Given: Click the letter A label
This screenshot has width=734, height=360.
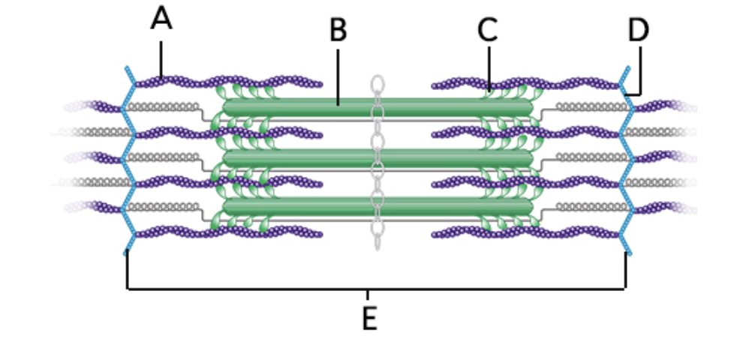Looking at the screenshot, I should click(x=161, y=19).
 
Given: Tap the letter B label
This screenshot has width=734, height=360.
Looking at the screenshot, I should click(x=338, y=31).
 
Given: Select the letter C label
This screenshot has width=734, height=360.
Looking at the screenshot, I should click(x=488, y=31).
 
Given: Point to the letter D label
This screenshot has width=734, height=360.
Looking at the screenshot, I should click(x=639, y=31).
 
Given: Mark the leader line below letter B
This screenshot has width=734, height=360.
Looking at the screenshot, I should click(x=338, y=75).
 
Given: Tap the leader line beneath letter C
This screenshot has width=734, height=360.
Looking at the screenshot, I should click(x=489, y=67).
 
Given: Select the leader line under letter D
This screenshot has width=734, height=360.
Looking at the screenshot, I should click(x=640, y=71).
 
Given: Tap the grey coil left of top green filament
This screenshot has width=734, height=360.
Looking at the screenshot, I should click(x=162, y=107).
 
